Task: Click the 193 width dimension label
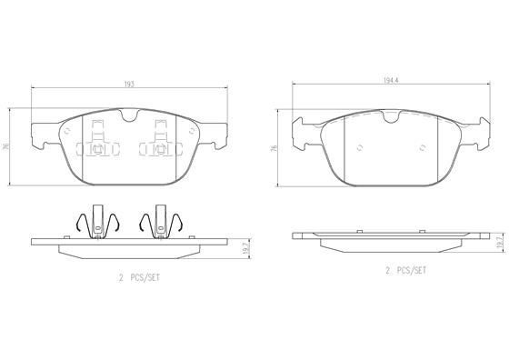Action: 129,83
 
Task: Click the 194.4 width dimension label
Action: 391,81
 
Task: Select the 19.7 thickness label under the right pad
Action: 499,240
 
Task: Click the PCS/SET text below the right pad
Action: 407,270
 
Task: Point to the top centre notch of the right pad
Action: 391,116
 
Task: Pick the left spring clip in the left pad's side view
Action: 95,224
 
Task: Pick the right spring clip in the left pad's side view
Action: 160,224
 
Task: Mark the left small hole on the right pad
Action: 359,145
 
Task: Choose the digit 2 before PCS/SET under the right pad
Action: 386,270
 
